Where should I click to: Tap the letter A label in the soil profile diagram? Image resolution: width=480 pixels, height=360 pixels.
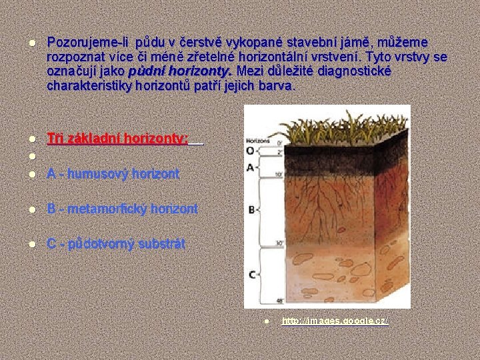coord(249,167)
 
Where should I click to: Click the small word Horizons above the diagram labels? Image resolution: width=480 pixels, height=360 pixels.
coord(257,141)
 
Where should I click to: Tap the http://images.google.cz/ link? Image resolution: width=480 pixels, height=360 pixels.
coord(335,321)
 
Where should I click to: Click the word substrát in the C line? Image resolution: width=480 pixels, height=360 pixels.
coord(163,244)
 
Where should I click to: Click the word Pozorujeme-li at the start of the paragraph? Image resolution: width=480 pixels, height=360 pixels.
coord(84,42)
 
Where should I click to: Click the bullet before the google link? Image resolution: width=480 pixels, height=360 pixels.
coord(265,321)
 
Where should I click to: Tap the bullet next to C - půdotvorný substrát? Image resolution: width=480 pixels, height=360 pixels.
coord(31,244)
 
